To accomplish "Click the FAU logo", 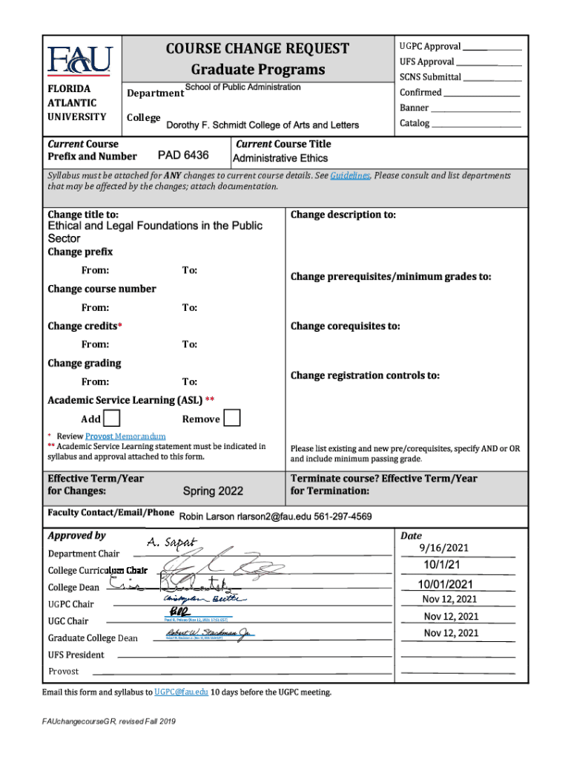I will coord(79,59).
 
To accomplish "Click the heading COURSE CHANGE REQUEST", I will coord(258,49).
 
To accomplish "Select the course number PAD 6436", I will coord(183,156).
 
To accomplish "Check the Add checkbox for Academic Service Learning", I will coord(112,419).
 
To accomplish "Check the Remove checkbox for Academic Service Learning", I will coord(232,419).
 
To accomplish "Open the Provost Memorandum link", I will coord(125,436).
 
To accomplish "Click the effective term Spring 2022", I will coord(213,491).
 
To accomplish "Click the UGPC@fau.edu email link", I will coord(182,692).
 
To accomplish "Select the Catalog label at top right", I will coord(415,123).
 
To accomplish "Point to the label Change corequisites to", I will coord(345,326).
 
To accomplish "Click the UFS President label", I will coord(76,655).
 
